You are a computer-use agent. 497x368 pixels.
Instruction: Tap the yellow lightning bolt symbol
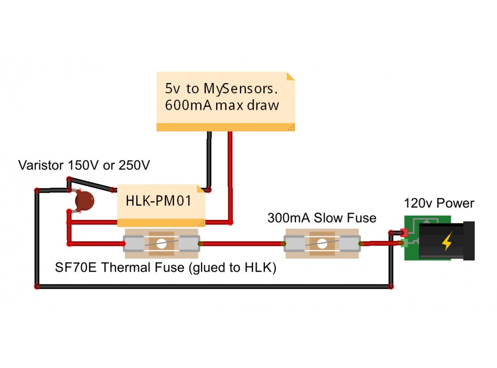pyautogui.click(x=447, y=242)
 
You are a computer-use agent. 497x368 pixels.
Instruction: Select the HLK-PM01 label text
pyautogui.click(x=158, y=202)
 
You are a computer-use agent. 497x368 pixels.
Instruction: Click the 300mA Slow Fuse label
pyautogui.click(x=322, y=218)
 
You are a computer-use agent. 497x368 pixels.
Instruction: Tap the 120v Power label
pyautogui.click(x=439, y=203)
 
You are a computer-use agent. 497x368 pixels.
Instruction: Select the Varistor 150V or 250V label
pyautogui.click(x=84, y=164)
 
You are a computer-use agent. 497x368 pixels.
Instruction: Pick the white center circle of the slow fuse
pyautogui.click(x=322, y=243)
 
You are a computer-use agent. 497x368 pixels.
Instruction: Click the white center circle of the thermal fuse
pyautogui.click(x=161, y=243)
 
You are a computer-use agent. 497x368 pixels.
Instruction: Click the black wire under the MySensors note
pyautogui.click(x=209, y=159)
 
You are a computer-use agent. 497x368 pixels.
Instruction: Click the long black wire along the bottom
pyautogui.click(x=214, y=287)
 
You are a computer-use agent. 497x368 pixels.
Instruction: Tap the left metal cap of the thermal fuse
pyautogui.click(x=133, y=243)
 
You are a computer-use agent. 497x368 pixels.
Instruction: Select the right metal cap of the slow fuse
pyautogui.click(x=351, y=243)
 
